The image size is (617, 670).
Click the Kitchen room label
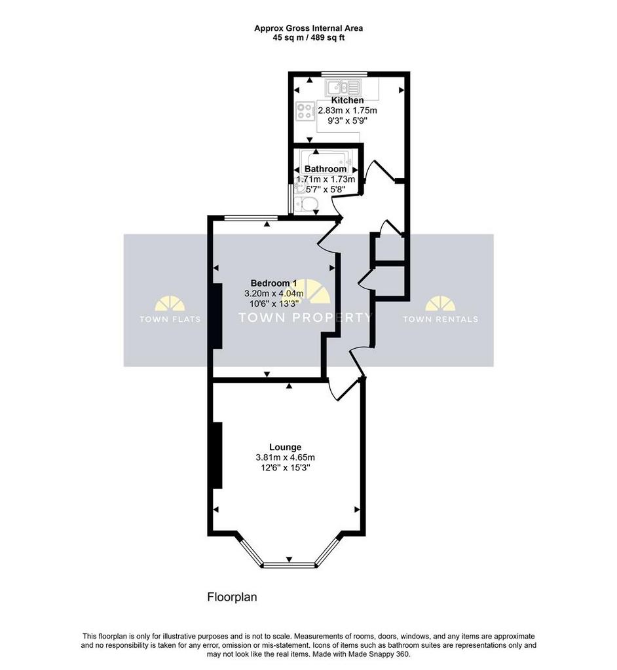(347, 100)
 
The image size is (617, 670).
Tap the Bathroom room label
(325, 169)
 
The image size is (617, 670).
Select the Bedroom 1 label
(273, 283)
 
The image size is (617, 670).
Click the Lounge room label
(285, 447)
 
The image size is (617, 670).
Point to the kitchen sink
(343, 88)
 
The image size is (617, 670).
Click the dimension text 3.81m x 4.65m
(285, 457)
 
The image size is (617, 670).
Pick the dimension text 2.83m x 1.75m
(347, 111)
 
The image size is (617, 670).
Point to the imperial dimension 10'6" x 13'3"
(274, 304)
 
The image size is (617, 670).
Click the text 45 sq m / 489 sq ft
(308, 37)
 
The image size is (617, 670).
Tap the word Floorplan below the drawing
(232, 597)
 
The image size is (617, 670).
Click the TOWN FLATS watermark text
(170, 319)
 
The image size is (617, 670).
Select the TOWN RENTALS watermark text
(440, 319)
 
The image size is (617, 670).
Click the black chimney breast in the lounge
(217, 455)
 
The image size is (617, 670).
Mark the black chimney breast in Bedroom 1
(217, 316)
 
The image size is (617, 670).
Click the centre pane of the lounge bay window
(290, 565)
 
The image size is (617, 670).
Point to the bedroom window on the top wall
(251, 218)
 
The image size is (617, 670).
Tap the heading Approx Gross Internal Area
(308, 28)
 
